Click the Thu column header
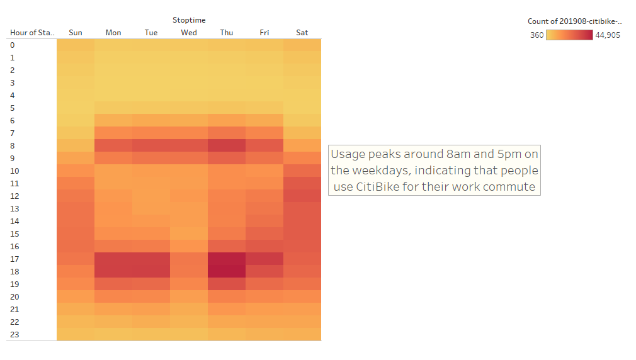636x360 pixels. click(227, 33)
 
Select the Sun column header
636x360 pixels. click(76, 33)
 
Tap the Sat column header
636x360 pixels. click(302, 33)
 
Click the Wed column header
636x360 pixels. click(189, 33)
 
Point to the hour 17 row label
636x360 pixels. click(16, 259)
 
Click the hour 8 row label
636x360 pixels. click(13, 145)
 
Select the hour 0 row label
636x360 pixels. click(13, 45)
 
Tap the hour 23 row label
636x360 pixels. click(16, 334)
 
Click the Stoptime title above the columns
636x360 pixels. click(189, 20)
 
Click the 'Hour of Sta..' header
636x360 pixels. click(32, 33)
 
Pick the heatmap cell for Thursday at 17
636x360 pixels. click(227, 259)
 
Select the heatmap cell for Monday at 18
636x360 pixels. click(113, 271)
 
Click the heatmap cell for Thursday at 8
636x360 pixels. click(227, 145)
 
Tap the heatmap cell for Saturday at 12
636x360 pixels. click(302, 196)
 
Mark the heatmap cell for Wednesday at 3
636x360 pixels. click(189, 82)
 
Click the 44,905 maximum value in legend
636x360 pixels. click(608, 35)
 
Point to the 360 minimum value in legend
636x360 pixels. click(537, 35)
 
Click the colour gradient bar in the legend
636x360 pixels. click(569, 35)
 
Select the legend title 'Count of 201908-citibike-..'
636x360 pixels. click(574, 21)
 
